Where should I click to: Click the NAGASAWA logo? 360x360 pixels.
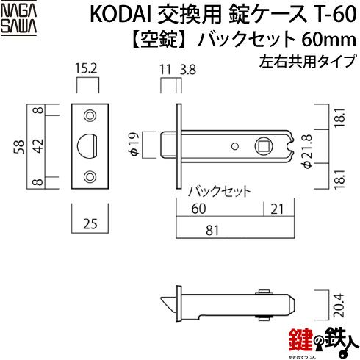[x=18, y=19]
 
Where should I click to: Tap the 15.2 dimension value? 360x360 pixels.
[x=86, y=68]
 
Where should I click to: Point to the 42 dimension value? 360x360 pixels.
[x=39, y=146]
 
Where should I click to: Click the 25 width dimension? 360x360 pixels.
[x=90, y=223]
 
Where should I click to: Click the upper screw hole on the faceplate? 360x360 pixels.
[x=90, y=115]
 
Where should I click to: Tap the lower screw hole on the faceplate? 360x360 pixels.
[x=90, y=177]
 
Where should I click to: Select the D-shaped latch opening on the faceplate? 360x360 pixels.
[x=87, y=146]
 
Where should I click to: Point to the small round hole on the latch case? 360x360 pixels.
[x=235, y=146]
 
